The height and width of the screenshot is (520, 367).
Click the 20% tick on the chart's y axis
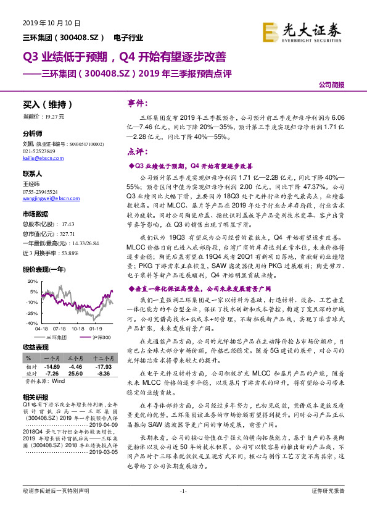coord(33,280)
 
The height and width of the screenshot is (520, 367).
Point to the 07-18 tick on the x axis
coord(60,329)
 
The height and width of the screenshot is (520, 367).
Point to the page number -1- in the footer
coord(183,508)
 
